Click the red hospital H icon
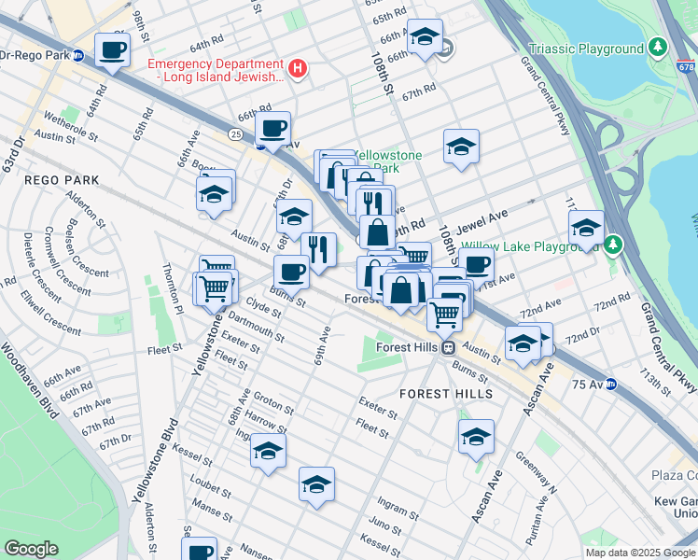tap(298, 68)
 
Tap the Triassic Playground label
tap(586, 49)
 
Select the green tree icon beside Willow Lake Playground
tap(612, 245)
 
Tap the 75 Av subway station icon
tap(611, 384)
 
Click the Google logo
tap(32, 549)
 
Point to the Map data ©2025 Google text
tap(640, 553)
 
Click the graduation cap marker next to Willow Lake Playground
tap(586, 227)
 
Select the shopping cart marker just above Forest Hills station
tap(445, 315)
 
